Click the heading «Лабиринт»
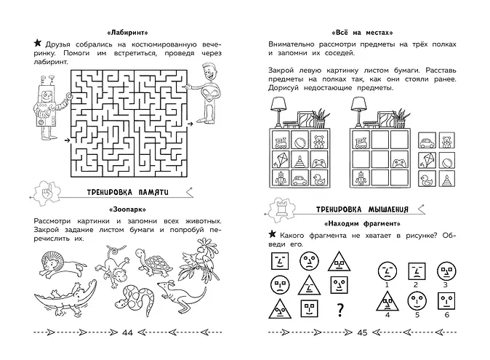point(127,33)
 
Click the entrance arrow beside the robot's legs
point(67,140)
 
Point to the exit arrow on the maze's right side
point(190,124)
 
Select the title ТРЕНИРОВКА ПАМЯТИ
point(127,192)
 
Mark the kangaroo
point(182,295)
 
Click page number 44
point(127,332)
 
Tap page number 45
point(362,332)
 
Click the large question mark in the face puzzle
point(340,310)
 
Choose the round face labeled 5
point(417,301)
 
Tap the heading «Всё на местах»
point(362,33)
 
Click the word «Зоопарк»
point(127,209)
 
